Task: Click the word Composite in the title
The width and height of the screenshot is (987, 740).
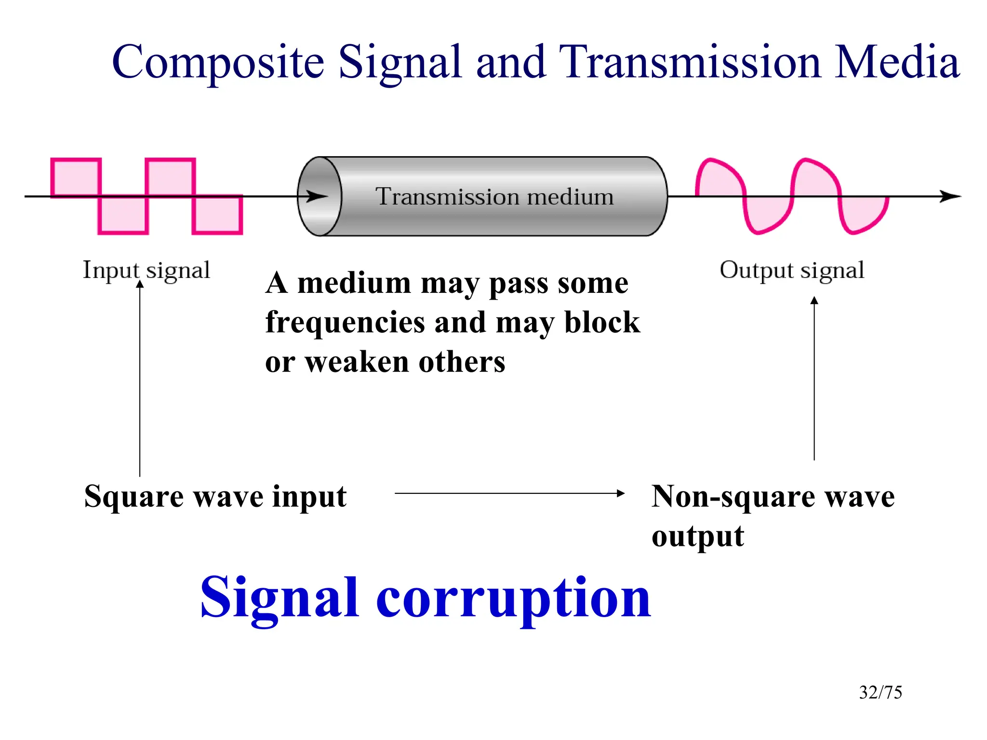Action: tap(218, 63)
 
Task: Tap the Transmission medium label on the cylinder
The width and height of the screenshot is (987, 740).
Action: tap(494, 197)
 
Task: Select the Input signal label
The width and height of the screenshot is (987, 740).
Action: tap(146, 270)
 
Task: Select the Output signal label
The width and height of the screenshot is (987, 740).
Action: tap(792, 270)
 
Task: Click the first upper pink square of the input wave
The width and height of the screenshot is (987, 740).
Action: tap(76, 177)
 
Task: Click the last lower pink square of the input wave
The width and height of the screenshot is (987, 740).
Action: tap(217, 215)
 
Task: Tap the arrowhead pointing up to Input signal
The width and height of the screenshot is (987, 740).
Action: tap(140, 284)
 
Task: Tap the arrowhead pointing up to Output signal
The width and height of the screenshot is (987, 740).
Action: tap(814, 300)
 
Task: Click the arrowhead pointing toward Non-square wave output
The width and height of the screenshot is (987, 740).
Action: tap(621, 493)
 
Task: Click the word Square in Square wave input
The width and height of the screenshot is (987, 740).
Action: tap(133, 497)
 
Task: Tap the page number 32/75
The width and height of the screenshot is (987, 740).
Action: tap(880, 692)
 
